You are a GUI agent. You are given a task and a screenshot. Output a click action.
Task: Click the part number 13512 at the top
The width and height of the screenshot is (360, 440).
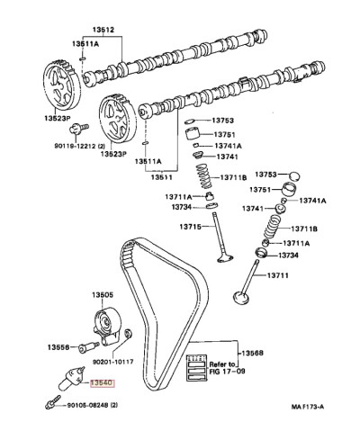click(103, 30)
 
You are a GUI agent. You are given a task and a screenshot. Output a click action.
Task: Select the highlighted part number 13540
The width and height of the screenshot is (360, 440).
click(103, 383)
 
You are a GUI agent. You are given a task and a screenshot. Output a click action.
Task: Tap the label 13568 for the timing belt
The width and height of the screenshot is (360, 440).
click(252, 353)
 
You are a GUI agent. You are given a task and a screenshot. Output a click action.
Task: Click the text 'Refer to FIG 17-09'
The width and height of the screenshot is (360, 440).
click(227, 368)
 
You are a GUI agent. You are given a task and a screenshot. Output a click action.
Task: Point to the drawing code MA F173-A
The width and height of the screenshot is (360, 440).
click(308, 407)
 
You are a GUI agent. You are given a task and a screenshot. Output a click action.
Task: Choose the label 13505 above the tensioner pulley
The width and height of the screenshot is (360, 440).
click(103, 295)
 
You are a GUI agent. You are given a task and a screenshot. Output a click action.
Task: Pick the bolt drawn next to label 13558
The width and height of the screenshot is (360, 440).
click(88, 347)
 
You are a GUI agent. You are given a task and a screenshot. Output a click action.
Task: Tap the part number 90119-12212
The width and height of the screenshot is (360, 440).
click(76, 146)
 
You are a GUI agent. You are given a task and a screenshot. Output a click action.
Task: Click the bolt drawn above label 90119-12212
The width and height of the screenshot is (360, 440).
click(78, 129)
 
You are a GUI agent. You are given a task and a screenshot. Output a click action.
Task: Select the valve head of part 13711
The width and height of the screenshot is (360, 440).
click(241, 298)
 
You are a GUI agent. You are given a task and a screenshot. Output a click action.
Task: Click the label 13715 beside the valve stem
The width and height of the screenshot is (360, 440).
click(191, 227)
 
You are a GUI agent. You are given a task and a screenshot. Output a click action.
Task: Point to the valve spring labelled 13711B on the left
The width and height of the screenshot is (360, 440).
click(204, 177)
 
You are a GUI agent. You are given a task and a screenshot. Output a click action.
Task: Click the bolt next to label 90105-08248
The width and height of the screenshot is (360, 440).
click(53, 402)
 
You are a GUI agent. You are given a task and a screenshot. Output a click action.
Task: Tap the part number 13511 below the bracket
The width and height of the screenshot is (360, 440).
click(162, 177)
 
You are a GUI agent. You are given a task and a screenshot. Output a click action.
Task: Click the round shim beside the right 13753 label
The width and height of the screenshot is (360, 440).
click(294, 176)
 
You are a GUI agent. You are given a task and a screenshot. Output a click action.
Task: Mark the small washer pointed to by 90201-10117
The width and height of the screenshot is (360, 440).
click(129, 334)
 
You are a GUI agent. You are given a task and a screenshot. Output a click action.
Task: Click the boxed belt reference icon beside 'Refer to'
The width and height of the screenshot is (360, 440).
click(196, 368)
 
